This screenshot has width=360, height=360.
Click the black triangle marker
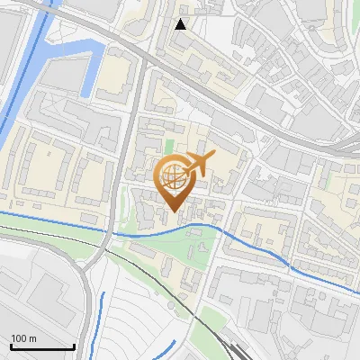(x=181, y=24)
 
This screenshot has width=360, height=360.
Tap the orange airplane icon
(x=199, y=164)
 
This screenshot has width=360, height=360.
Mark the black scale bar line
(x=42, y=347)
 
